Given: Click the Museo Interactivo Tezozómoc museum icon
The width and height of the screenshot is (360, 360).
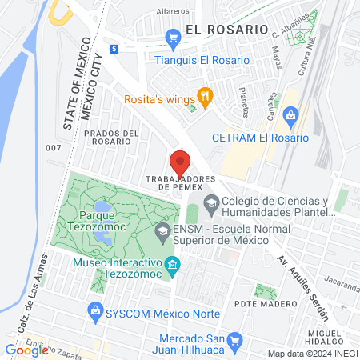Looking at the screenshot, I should (173, 264).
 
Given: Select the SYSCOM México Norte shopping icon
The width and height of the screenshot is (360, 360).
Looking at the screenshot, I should (95, 310).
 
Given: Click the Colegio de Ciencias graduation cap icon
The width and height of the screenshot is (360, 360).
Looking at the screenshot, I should (211, 202).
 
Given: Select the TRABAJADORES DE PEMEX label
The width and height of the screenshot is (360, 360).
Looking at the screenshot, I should (181, 182).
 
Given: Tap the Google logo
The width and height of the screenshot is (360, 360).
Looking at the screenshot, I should (26, 349).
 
